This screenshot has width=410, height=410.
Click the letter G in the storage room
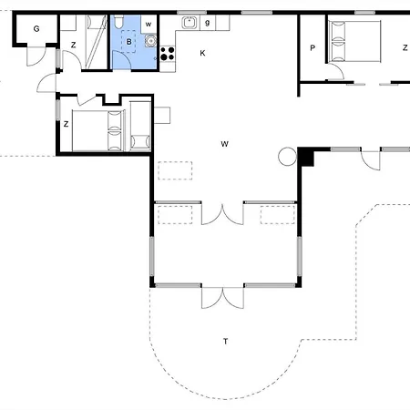click(x=36, y=29)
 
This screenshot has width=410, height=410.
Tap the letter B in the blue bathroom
click(x=129, y=42)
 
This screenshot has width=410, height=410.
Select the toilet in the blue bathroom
click(x=118, y=21)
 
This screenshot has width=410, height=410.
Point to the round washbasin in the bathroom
click(x=150, y=40)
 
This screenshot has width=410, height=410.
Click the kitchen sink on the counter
click(x=190, y=23)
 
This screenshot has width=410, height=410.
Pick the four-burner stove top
click(x=168, y=54)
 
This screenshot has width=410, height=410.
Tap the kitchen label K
click(x=202, y=53)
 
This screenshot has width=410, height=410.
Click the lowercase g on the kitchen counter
click(x=208, y=23)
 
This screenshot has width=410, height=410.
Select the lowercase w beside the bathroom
click(x=149, y=25)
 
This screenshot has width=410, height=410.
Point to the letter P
click(x=313, y=48)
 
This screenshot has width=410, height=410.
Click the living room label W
click(x=224, y=144)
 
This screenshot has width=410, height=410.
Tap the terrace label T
click(x=225, y=342)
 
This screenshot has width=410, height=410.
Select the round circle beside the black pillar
click(x=287, y=157)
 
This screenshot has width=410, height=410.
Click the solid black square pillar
click(x=305, y=157)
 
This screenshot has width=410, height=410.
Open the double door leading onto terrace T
click(x=222, y=297)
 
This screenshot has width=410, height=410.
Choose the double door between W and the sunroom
click(x=222, y=214)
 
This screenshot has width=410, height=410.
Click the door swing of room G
click(x=36, y=56)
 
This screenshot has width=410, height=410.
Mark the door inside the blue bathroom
click(x=122, y=60)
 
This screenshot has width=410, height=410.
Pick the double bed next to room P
click(x=354, y=41)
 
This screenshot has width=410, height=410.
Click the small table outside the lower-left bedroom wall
click(x=162, y=115)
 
